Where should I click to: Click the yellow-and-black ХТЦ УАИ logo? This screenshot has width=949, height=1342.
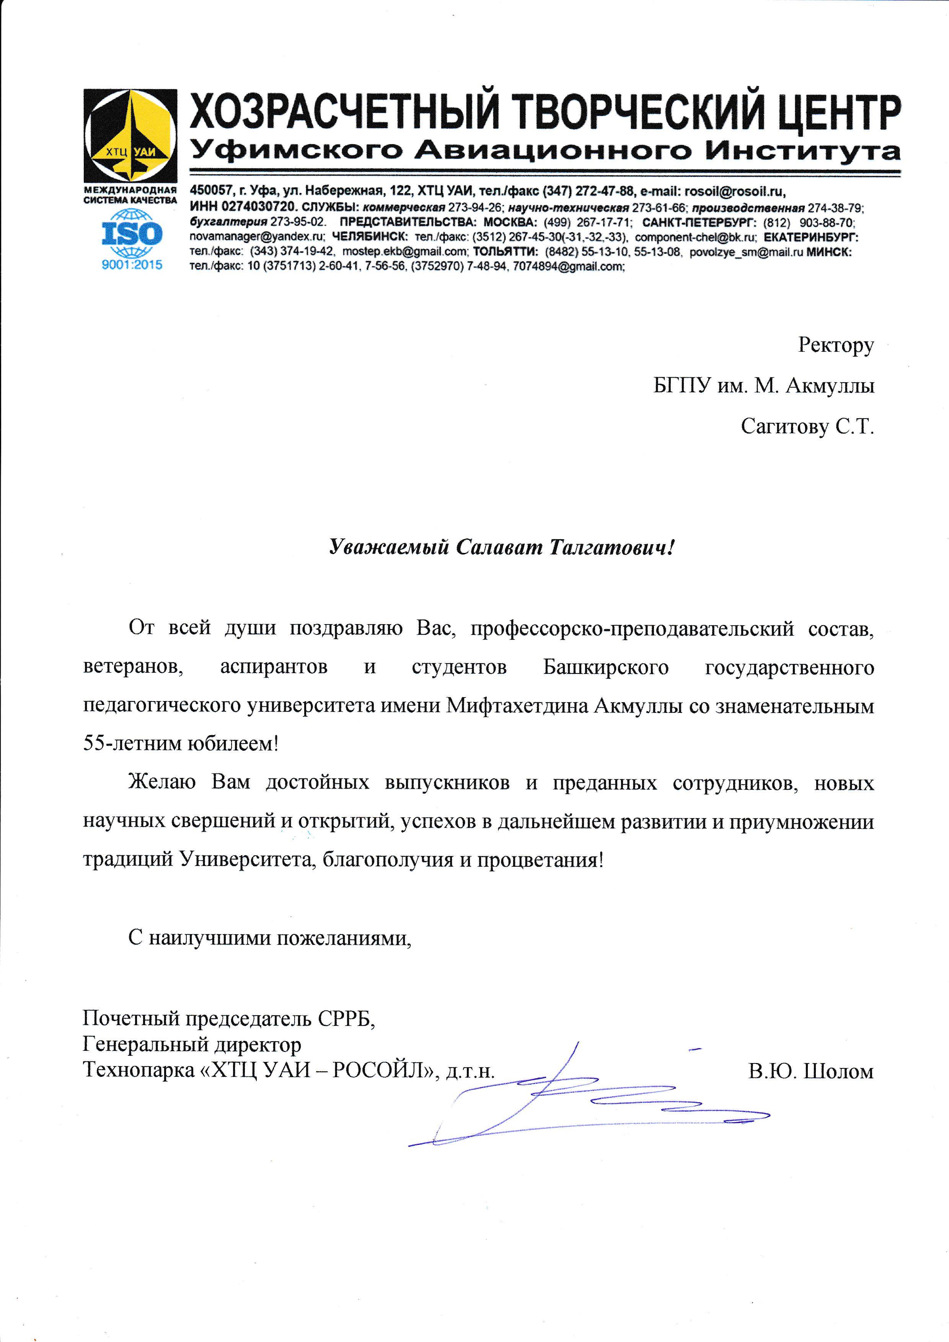(130, 135)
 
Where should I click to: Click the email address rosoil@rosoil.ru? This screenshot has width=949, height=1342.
(735, 191)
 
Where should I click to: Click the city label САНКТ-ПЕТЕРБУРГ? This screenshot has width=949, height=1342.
(699, 223)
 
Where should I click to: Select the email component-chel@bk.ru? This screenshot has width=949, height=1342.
(695, 237)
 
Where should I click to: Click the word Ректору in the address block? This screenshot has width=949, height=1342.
(836, 346)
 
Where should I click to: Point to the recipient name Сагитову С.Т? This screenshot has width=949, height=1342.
(807, 427)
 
